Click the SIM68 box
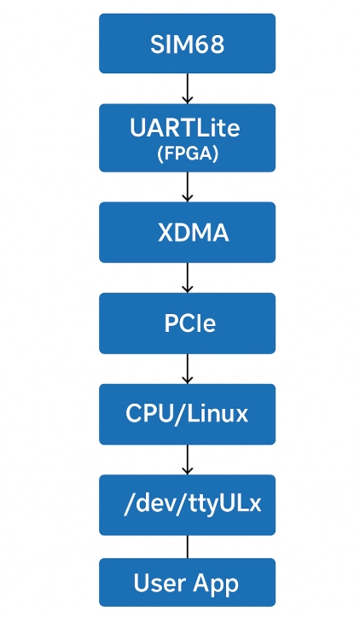188,44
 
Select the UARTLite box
188,137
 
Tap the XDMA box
188,232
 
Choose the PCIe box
188,323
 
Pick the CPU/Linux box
188,415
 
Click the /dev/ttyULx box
188,505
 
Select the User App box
188,582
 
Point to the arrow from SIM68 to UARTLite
188,89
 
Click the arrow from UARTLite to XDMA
188,187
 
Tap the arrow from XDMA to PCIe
188,277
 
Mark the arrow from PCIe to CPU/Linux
188,369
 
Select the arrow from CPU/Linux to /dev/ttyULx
188,460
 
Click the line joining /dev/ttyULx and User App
188,546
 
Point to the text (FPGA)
188,154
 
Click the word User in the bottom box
154,583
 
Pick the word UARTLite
184,127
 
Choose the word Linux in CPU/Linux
218,414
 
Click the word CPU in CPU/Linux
149,414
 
